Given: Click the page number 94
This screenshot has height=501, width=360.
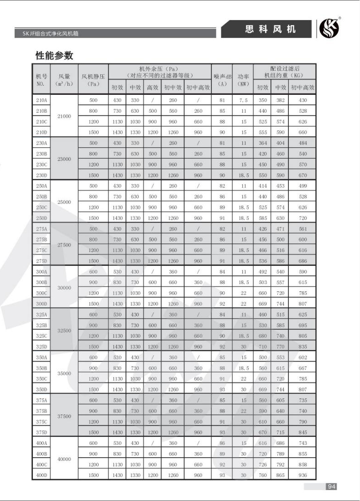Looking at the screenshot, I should point(331,486).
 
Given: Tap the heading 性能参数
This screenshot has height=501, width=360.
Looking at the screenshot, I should point(54,56).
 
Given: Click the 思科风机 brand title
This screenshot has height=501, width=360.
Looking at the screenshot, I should point(271,30).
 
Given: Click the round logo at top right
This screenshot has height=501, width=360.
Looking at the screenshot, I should point(329,29).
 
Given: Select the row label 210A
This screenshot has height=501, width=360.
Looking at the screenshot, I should point(41,100).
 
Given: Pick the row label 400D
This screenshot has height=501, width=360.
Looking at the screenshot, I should point(41,475).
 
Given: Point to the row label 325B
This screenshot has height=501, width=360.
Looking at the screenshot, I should point(41,325).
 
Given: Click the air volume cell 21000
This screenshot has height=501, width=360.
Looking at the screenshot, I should point(64,116).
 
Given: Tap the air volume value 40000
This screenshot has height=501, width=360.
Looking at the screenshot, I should point(64,459).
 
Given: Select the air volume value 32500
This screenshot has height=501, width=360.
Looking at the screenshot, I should point(64,331).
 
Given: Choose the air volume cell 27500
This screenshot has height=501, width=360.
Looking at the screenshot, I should point(64,245).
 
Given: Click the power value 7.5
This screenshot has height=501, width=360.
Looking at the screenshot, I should point(244,100).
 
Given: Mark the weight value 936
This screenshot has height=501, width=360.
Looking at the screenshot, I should point(303,475).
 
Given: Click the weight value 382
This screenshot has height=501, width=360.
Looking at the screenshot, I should point(280,100).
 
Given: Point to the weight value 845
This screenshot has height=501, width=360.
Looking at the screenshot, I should point(303,432).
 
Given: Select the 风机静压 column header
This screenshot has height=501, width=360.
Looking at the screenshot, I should point(93,80).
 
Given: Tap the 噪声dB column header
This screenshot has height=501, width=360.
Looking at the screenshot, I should point(222,80).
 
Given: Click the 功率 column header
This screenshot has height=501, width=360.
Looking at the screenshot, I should point(244,80).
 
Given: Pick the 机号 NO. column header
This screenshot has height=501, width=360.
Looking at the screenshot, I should point(41,80).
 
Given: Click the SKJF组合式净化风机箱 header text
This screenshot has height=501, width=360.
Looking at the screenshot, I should point(53,34).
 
